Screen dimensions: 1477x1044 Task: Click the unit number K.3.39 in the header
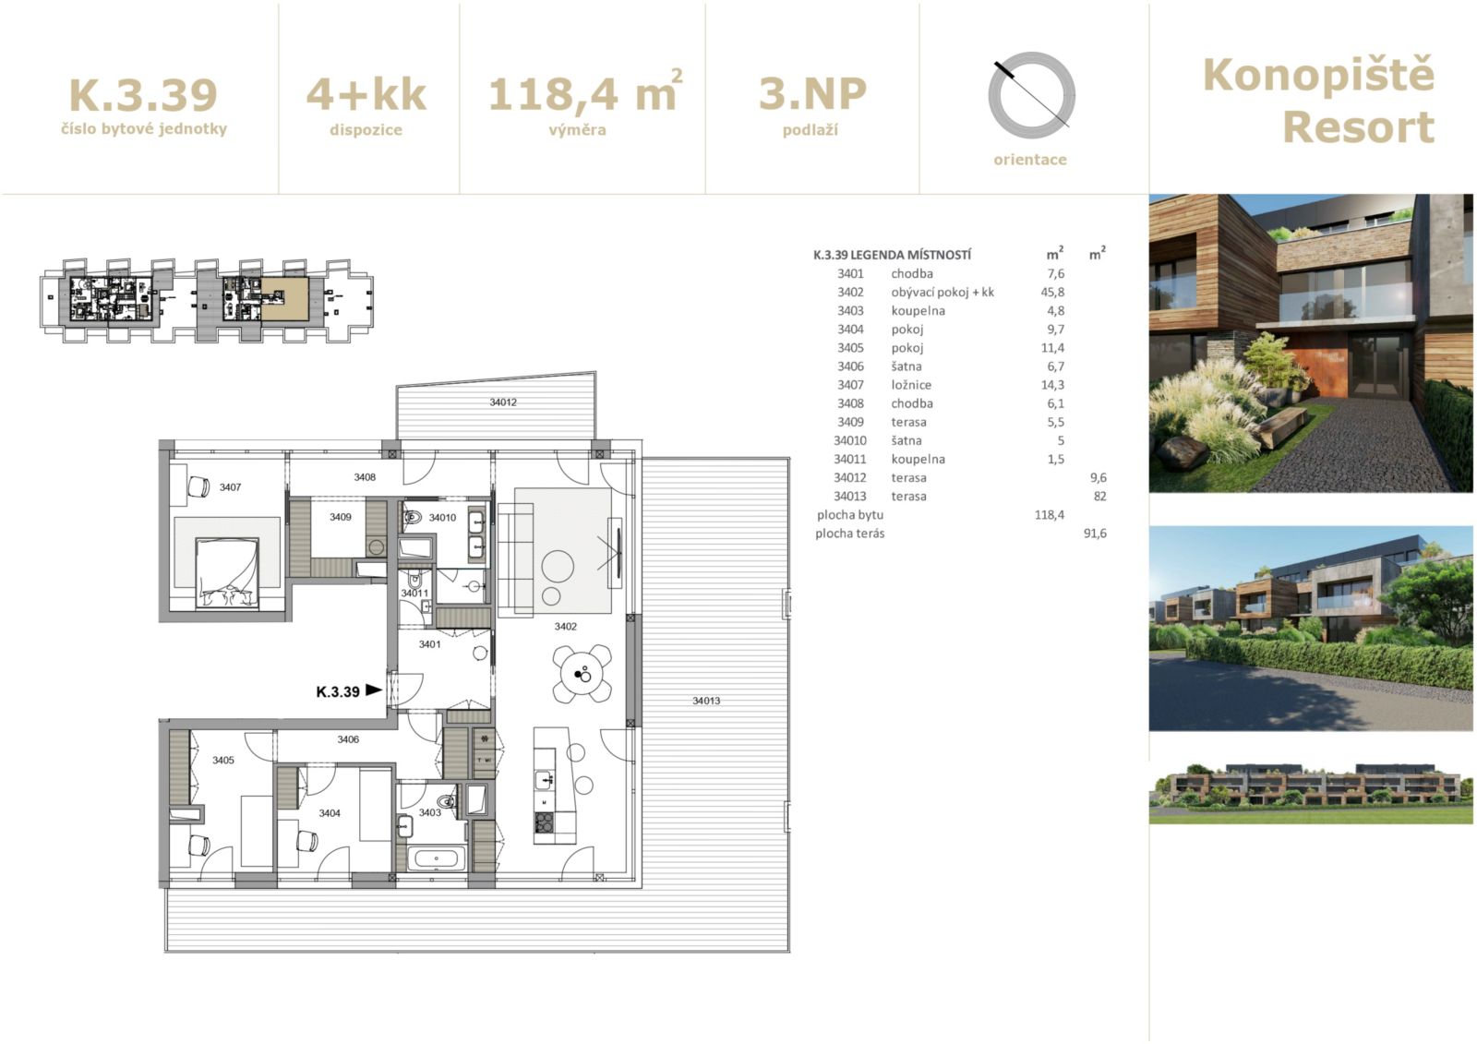coord(143,95)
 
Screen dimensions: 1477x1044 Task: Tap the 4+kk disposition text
coord(366,94)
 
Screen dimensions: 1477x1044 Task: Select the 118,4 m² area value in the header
coord(585,91)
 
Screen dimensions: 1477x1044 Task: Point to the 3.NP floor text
coord(812,93)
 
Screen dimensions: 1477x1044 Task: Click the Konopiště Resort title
coord(1318,101)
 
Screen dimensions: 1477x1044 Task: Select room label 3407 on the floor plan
coord(230,487)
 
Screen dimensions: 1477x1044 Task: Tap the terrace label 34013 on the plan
coord(706,701)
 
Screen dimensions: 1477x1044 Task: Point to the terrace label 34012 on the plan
coord(503,402)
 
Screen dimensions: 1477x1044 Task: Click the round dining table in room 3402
coord(582,674)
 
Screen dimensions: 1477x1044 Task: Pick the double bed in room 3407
coord(227,572)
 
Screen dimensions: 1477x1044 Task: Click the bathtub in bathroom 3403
coord(437,858)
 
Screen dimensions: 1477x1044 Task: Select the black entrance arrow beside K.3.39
coord(374,690)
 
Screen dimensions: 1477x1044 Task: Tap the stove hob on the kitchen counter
coord(544,822)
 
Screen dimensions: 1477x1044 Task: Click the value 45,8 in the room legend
coord(1052,293)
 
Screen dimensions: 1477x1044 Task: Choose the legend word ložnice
coord(911,385)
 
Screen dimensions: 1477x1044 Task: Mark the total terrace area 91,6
coord(1095,533)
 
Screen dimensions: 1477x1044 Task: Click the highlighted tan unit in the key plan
coord(285,299)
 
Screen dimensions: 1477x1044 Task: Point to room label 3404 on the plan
coord(330,813)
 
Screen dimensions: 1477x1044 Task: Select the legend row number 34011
coord(850,459)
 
